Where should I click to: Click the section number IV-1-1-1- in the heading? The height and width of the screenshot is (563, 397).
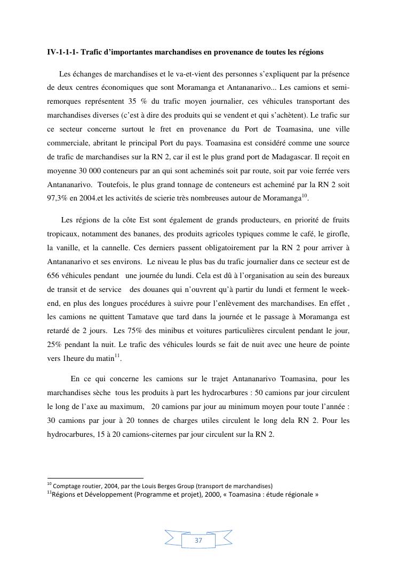62,52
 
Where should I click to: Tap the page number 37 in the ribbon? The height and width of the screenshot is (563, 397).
198,541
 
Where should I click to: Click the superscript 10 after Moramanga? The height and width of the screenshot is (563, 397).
305,196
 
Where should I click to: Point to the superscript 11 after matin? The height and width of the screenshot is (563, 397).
117,356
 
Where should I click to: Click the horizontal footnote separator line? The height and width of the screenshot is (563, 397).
96,479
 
